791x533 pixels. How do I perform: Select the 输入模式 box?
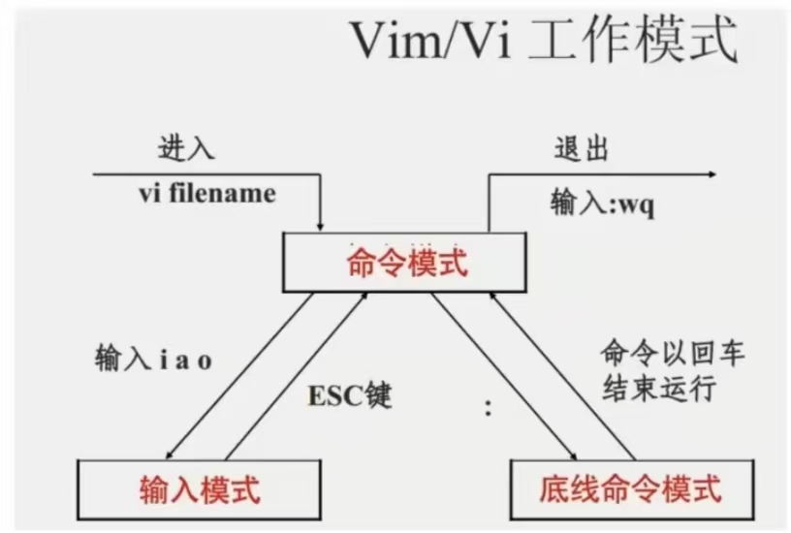199,487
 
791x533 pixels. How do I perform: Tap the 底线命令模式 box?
630,487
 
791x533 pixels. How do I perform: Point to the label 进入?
186,150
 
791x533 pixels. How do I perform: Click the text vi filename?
206,193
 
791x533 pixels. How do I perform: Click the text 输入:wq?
602,204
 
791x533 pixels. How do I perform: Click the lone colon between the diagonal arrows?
488,408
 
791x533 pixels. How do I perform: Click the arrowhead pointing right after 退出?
712,174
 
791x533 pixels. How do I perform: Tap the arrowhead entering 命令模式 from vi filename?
321,225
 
